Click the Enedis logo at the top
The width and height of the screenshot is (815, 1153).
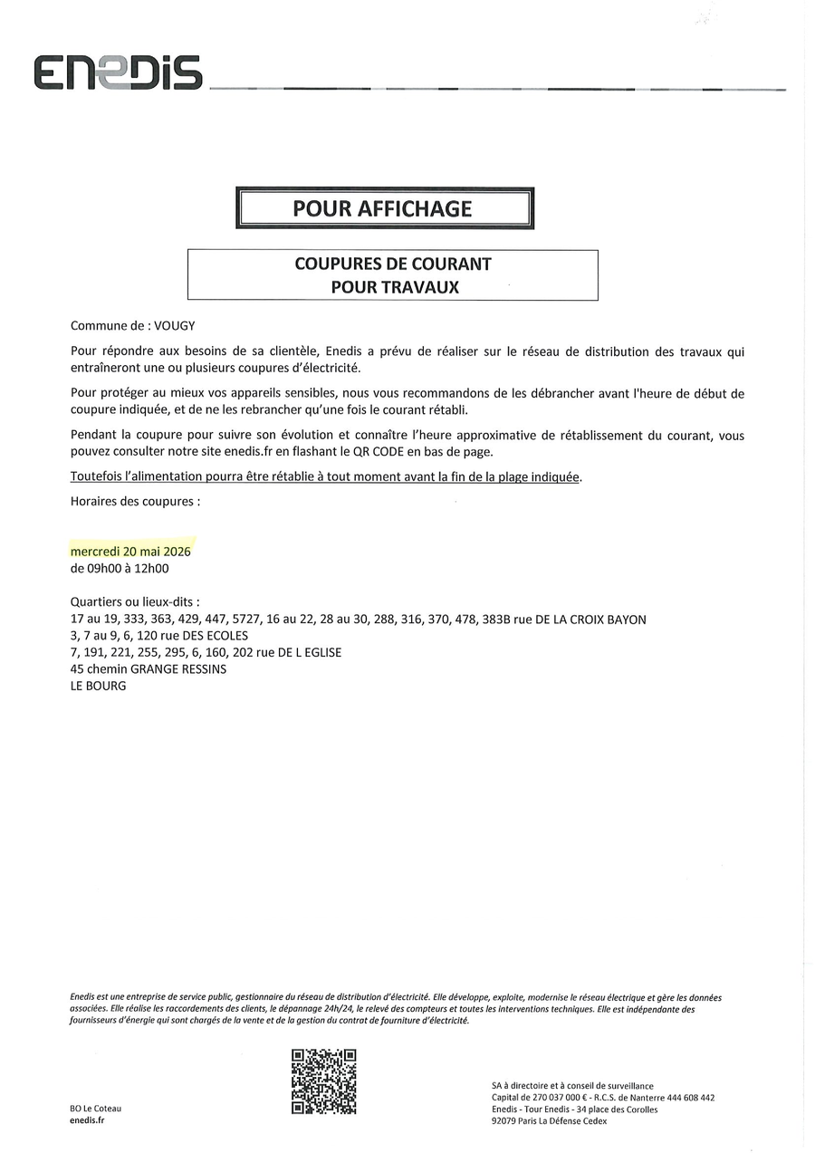click(x=118, y=73)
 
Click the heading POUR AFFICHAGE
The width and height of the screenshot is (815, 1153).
click(x=382, y=209)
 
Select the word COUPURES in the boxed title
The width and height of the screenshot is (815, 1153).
click(x=336, y=264)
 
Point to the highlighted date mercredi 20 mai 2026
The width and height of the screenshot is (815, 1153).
click(x=130, y=551)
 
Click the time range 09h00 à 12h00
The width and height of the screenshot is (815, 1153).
click(x=120, y=569)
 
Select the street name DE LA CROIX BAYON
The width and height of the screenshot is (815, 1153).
click(x=589, y=620)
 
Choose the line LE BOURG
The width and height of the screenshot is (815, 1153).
click(x=98, y=686)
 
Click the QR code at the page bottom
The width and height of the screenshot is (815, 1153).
click(x=323, y=1081)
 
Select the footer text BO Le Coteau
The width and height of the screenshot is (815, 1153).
click(x=94, y=1109)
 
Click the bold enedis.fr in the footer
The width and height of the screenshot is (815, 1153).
click(x=88, y=1121)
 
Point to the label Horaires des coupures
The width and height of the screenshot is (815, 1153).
click(x=135, y=500)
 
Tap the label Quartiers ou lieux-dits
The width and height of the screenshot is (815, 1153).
click(x=135, y=602)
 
